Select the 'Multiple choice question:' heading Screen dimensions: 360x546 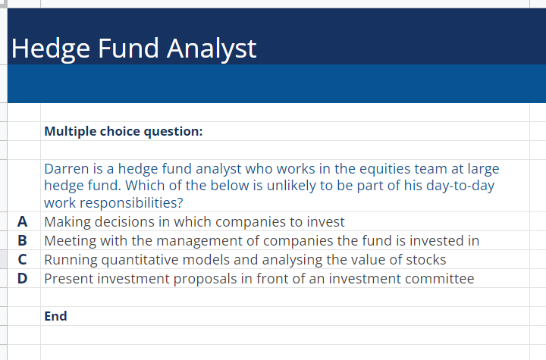(123, 131)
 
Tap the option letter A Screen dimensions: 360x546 (23, 222)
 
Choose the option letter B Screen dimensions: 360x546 (23, 241)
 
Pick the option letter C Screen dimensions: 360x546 (23, 260)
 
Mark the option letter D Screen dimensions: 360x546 (23, 279)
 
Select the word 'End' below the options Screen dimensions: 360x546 (55, 316)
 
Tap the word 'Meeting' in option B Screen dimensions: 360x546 (71, 241)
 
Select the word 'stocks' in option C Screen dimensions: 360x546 (425, 260)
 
